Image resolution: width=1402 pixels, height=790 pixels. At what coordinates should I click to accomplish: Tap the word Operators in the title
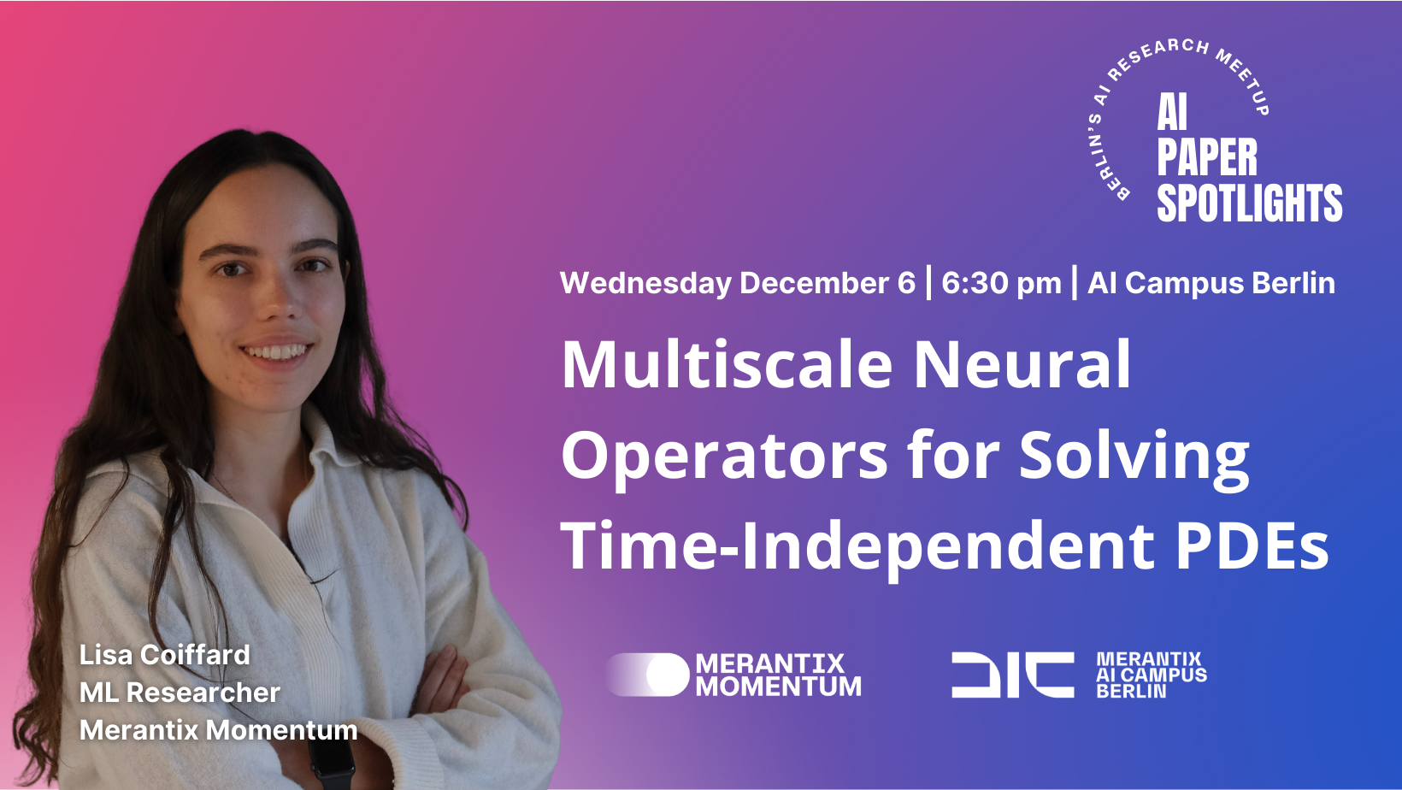724,457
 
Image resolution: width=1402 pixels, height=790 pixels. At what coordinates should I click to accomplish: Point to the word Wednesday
646,283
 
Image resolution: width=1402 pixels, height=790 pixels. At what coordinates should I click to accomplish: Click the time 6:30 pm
1001,283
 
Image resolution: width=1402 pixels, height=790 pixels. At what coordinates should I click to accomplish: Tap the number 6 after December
906,282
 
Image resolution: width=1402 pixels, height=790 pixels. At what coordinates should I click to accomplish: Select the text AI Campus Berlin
1211,283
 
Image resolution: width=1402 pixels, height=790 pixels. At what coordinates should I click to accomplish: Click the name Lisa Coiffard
165,655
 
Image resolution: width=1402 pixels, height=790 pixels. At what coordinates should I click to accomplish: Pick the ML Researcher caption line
180,693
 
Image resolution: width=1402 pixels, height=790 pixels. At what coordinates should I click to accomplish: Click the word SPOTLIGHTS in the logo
1249,203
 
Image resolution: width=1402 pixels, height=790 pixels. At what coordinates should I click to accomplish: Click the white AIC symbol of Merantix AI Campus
1013,675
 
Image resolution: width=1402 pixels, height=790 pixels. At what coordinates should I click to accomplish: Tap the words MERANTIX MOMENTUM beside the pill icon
778,675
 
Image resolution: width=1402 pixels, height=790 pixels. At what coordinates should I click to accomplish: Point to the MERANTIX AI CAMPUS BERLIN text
1152,675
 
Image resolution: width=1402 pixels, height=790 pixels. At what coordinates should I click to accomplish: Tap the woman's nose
281,300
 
